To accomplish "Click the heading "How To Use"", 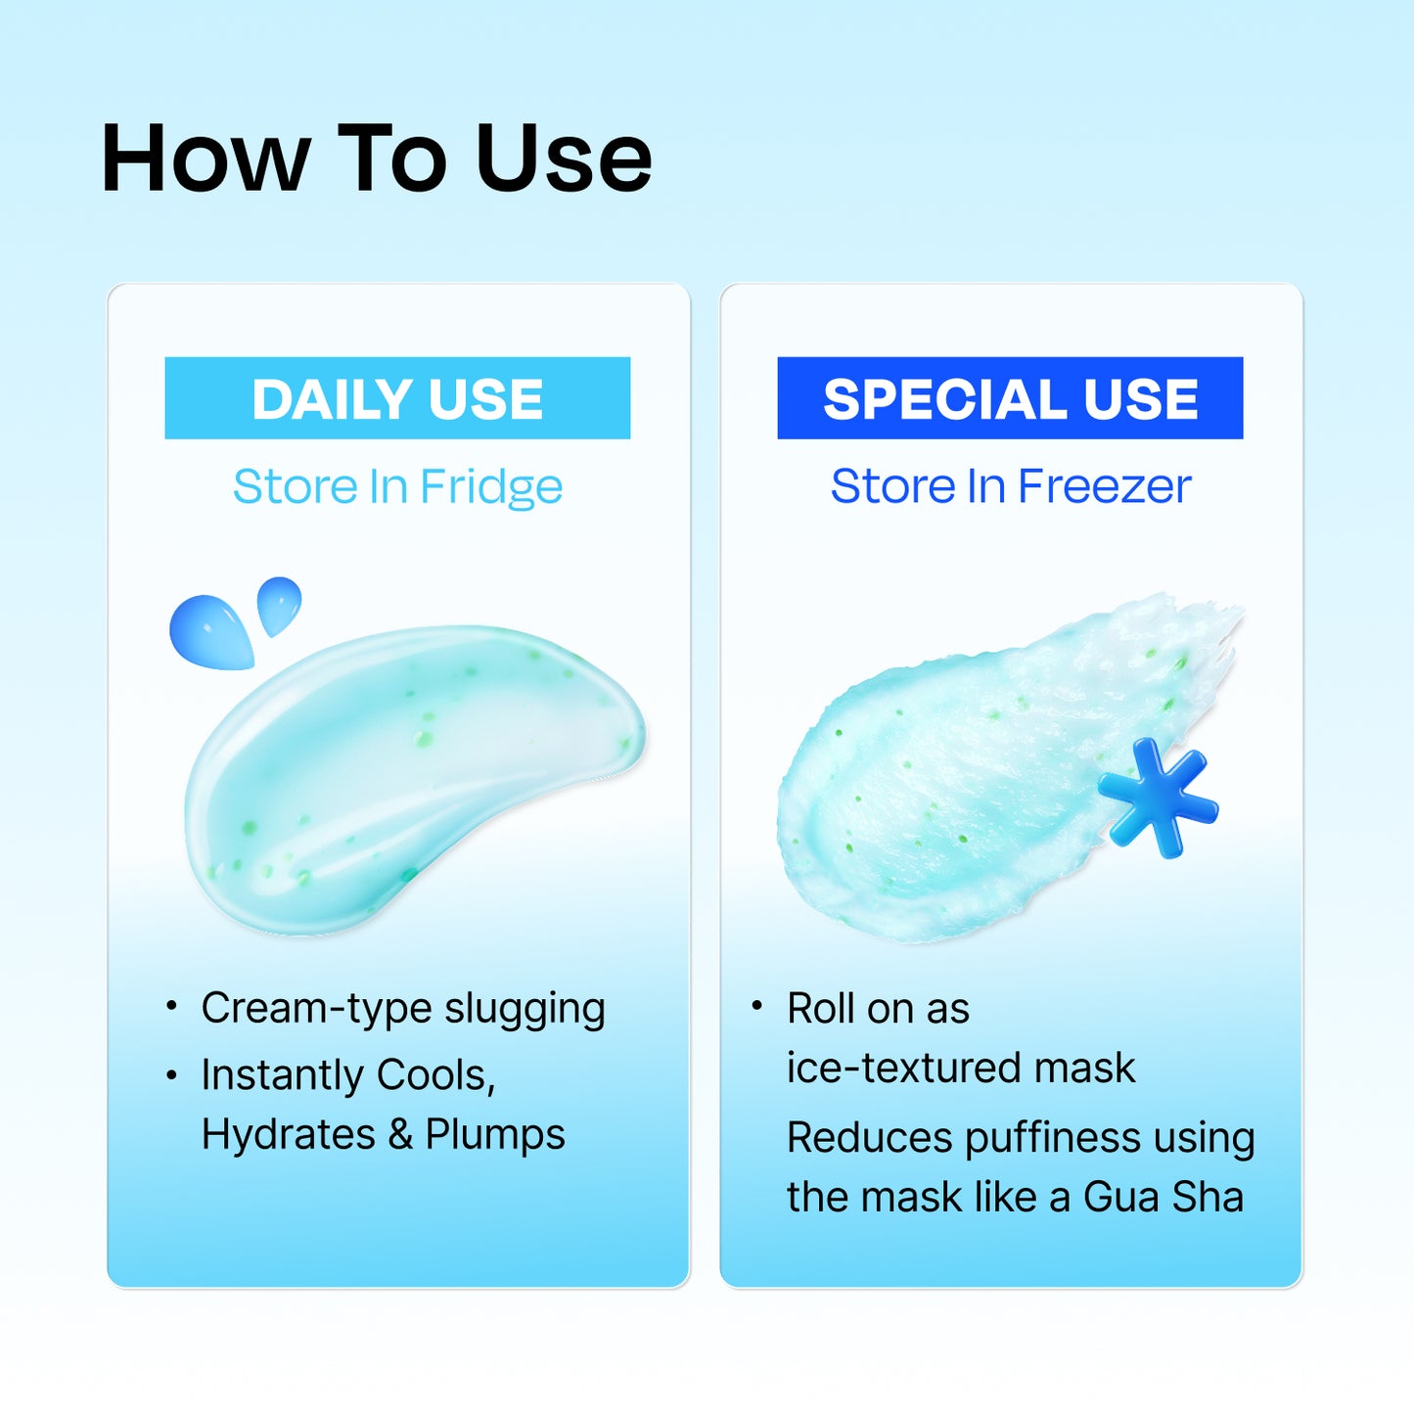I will (x=377, y=159).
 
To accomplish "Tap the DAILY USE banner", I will (x=397, y=398).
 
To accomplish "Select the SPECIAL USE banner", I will (x=1010, y=398).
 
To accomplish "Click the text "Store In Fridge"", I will (x=397, y=486).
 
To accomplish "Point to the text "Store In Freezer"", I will (x=1011, y=486).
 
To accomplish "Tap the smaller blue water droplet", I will (x=279, y=604).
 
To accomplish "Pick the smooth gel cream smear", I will (x=411, y=773).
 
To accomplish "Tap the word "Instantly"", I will (x=282, y=1075).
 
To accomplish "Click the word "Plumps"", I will (x=495, y=1135).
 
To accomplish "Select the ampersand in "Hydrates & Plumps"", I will (x=399, y=1135).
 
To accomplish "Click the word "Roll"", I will (x=818, y=1009).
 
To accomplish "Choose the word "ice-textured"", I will (x=902, y=1068).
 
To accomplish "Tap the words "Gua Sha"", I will (x=1163, y=1198).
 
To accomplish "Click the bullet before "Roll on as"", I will (x=756, y=1005).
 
